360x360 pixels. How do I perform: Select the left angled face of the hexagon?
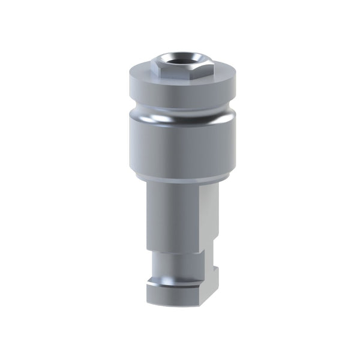coord(157,69)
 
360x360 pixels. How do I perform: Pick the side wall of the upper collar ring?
coord(180,91)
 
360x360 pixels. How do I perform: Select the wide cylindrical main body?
coord(180,147)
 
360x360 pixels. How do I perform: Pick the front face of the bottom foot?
coord(174,294)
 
